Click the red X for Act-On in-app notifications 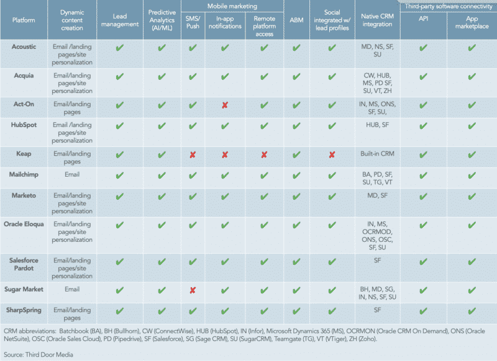pyautogui.click(x=225, y=105)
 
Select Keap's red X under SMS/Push pyautogui.click(x=193, y=154)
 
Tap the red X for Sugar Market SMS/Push pyautogui.click(x=193, y=290)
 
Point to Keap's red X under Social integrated pyautogui.click(x=332, y=154)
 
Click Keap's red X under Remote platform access pyautogui.click(x=264, y=154)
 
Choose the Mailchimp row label pyautogui.click(x=24, y=174)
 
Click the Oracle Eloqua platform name pyautogui.click(x=24, y=223)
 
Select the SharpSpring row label pyautogui.click(x=24, y=309)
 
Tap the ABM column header pyautogui.click(x=296, y=19)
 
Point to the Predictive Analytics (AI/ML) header pyautogui.click(x=162, y=19)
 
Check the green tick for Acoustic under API pyautogui.click(x=424, y=48)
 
